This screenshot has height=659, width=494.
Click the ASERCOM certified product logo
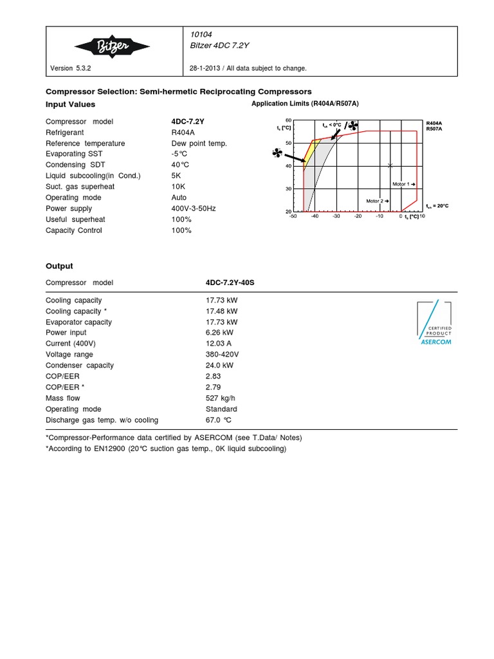435,324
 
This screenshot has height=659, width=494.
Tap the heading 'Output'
59,266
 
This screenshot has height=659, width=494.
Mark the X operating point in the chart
390,166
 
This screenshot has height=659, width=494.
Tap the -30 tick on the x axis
336,217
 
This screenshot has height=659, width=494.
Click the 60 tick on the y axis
288,120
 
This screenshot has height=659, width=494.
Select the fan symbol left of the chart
277,153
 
